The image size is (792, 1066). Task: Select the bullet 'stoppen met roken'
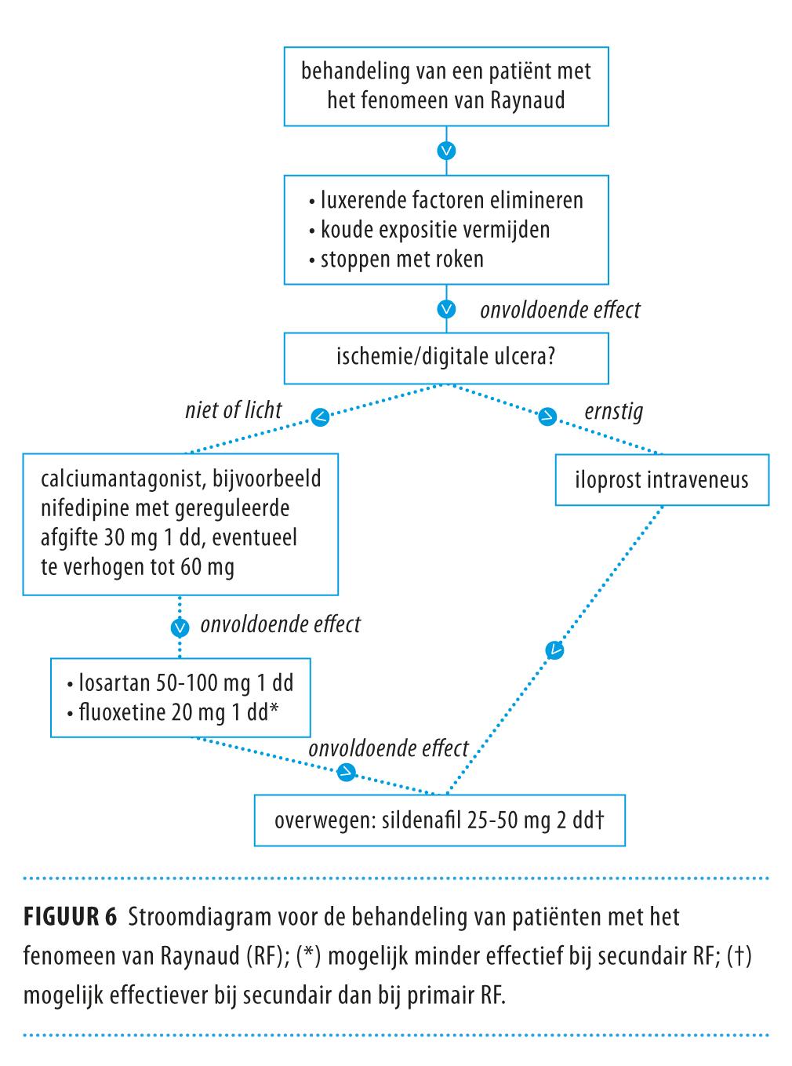401,259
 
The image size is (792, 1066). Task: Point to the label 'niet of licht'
234,409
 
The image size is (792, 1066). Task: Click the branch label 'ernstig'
613,411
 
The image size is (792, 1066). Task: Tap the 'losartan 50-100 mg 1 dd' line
186,682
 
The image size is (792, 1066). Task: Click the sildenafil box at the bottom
439,820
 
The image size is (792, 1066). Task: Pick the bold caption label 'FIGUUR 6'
70,916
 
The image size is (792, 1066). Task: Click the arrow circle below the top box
446,150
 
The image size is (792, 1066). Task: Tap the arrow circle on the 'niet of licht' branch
321,418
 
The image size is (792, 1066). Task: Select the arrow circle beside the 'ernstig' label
547,417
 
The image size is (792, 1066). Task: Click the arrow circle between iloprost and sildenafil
554,649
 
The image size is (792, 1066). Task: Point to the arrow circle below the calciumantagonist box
180,627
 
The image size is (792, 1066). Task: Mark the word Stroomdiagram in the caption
187,916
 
